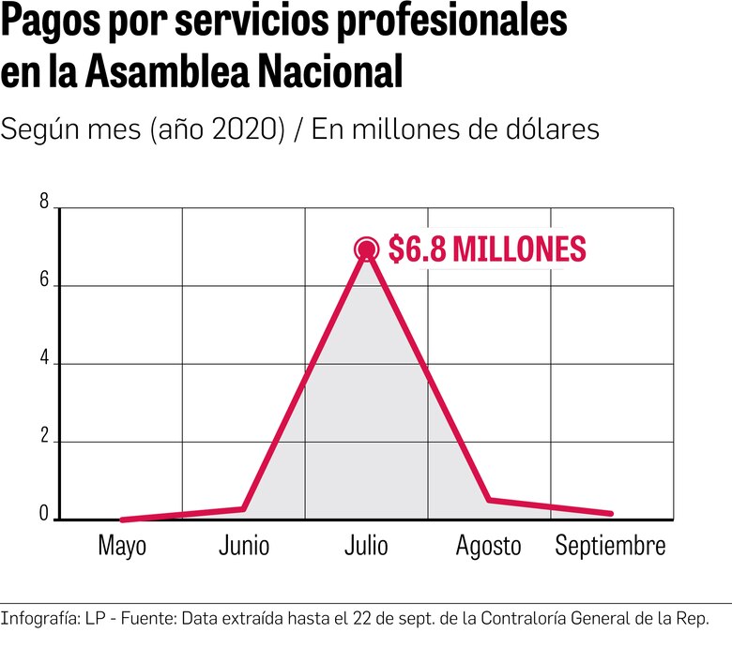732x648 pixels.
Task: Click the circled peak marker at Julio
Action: point(366,249)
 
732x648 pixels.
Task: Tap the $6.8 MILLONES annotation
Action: point(487,249)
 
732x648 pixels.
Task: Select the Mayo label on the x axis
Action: point(122,547)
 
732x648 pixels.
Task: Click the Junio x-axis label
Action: point(244,547)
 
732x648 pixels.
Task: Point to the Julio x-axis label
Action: point(366,547)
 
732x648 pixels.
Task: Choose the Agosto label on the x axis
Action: point(488,547)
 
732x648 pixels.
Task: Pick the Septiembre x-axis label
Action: point(610,547)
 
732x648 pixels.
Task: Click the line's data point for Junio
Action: point(244,508)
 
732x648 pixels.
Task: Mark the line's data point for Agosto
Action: point(489,500)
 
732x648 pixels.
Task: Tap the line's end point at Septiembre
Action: point(611,514)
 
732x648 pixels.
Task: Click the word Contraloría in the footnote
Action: point(519,619)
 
